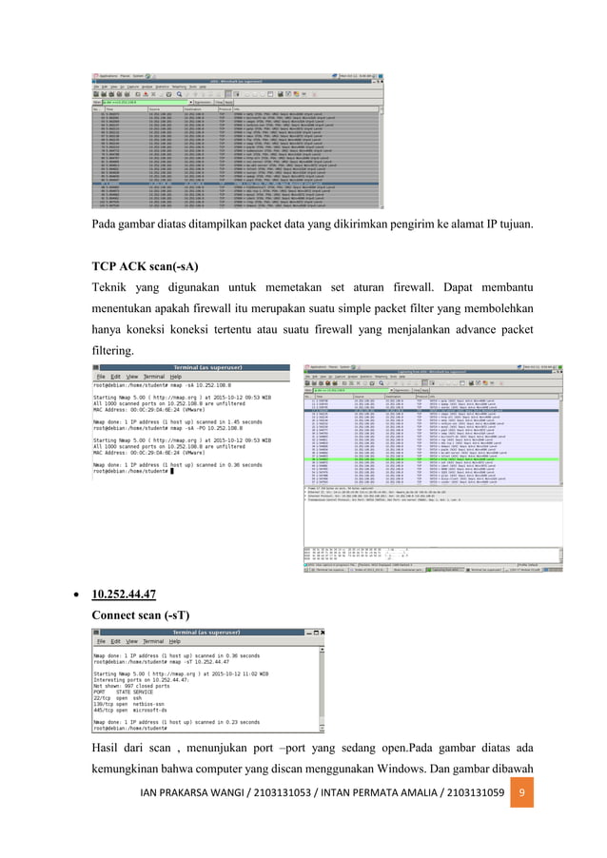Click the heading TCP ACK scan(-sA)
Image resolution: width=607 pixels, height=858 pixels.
[145, 265]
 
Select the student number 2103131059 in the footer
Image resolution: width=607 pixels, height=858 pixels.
[470, 819]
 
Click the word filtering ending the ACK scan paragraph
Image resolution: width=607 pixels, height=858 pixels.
[113, 350]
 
